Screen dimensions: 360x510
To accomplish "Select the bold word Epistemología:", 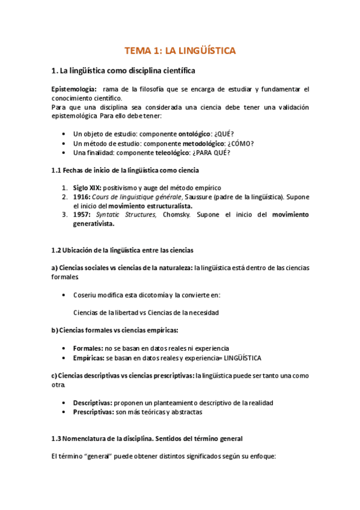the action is point(74,89).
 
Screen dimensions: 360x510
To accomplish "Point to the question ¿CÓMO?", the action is point(239,143).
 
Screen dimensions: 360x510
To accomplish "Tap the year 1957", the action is point(81,214).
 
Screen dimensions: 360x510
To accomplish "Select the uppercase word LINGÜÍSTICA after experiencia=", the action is point(240,358).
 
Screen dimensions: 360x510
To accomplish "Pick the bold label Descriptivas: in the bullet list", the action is point(93,402).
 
